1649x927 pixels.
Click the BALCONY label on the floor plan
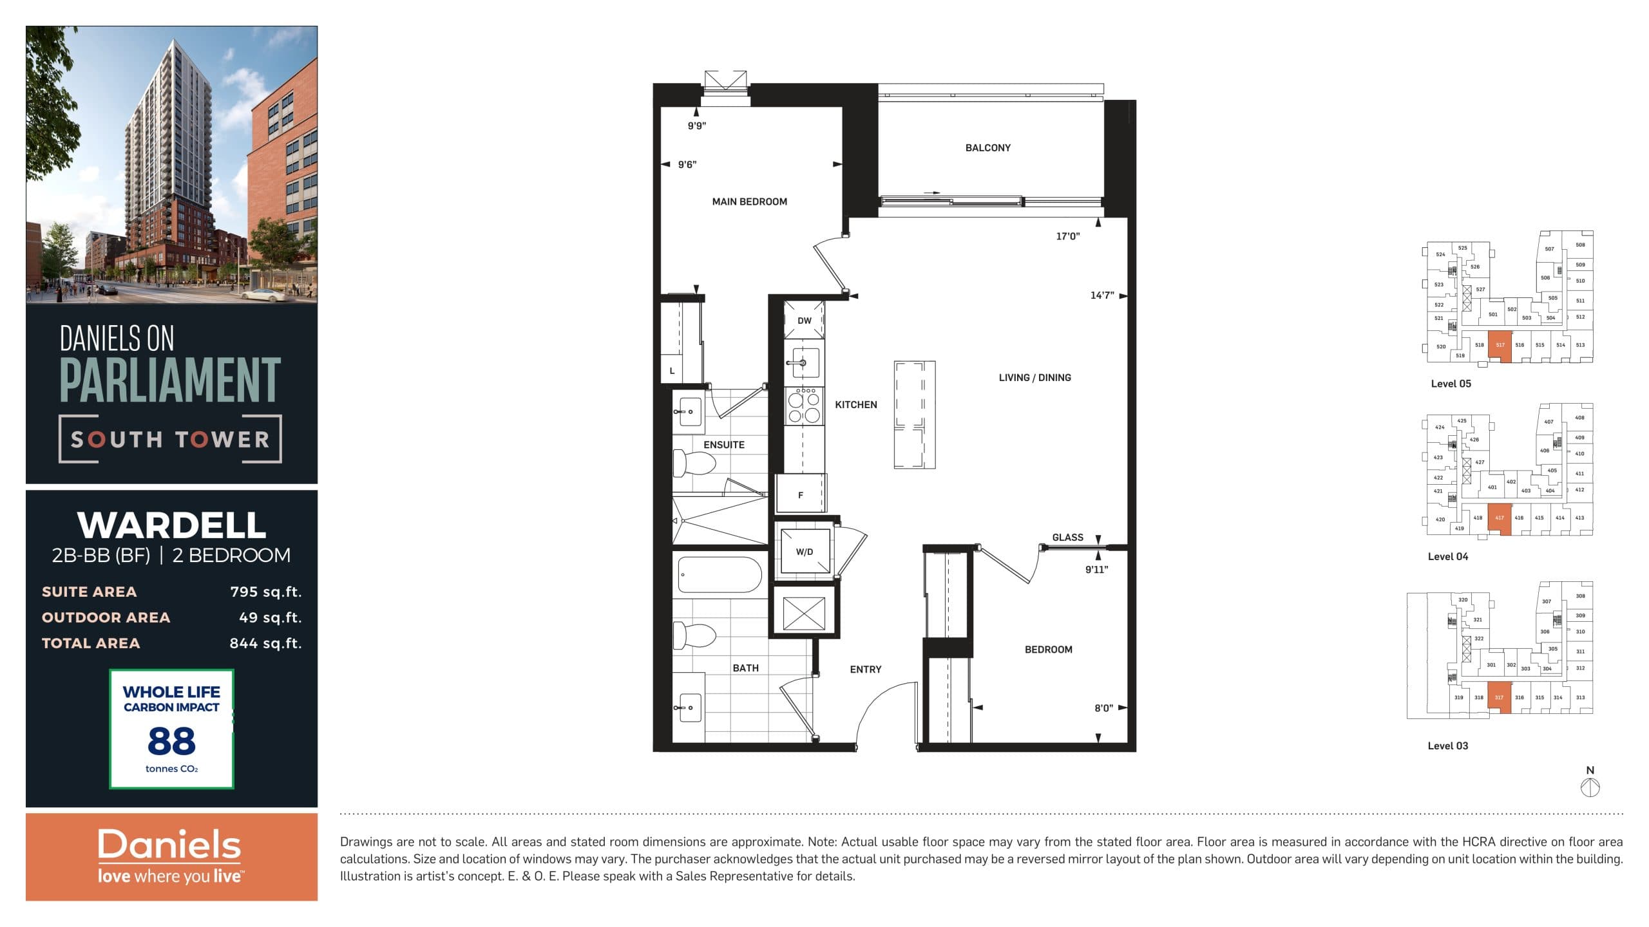pyautogui.click(x=987, y=148)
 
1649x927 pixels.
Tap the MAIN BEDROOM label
pyautogui.click(x=749, y=201)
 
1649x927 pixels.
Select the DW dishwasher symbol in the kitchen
pyautogui.click(x=804, y=320)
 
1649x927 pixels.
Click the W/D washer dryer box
pyautogui.click(x=805, y=552)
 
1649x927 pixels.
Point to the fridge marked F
pyautogui.click(x=801, y=494)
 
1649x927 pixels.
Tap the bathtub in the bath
pyautogui.click(x=720, y=575)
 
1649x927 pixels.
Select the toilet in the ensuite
pyautogui.click(x=694, y=463)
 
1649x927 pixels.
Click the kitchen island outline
pyautogui.click(x=914, y=415)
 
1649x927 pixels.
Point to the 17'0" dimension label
pyautogui.click(x=1067, y=236)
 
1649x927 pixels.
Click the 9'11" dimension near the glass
pyautogui.click(x=1096, y=569)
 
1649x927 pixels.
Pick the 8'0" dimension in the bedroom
pyautogui.click(x=1103, y=708)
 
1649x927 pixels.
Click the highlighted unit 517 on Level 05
pyautogui.click(x=1500, y=346)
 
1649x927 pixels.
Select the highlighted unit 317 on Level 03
pyautogui.click(x=1499, y=697)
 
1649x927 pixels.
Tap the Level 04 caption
pyautogui.click(x=1448, y=557)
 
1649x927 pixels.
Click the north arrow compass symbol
pyautogui.click(x=1590, y=787)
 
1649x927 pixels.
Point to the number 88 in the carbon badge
pyautogui.click(x=171, y=741)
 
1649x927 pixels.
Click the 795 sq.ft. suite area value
pyautogui.click(x=265, y=592)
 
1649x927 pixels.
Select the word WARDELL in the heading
pyautogui.click(x=171, y=525)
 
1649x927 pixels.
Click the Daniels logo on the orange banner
pyautogui.click(x=169, y=845)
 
